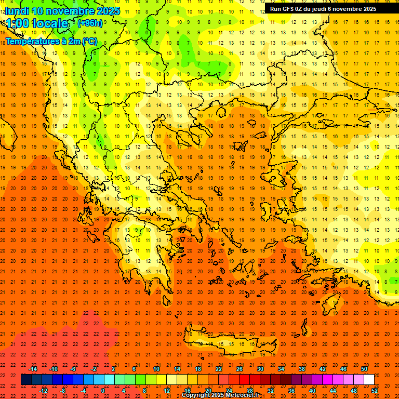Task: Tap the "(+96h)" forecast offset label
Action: [89, 23]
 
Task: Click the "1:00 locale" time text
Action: [37, 23]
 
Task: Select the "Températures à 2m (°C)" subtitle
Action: [51, 41]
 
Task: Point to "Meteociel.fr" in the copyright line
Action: [240, 395]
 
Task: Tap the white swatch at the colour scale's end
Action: [369, 380]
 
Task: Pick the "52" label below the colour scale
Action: [375, 391]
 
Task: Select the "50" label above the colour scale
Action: [364, 369]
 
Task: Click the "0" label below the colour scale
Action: [103, 391]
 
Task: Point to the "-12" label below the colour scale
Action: [44, 391]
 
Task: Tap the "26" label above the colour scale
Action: [240, 369]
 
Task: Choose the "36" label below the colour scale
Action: [291, 391]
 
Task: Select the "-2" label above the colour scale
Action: [95, 369]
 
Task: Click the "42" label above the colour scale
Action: [323, 369]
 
